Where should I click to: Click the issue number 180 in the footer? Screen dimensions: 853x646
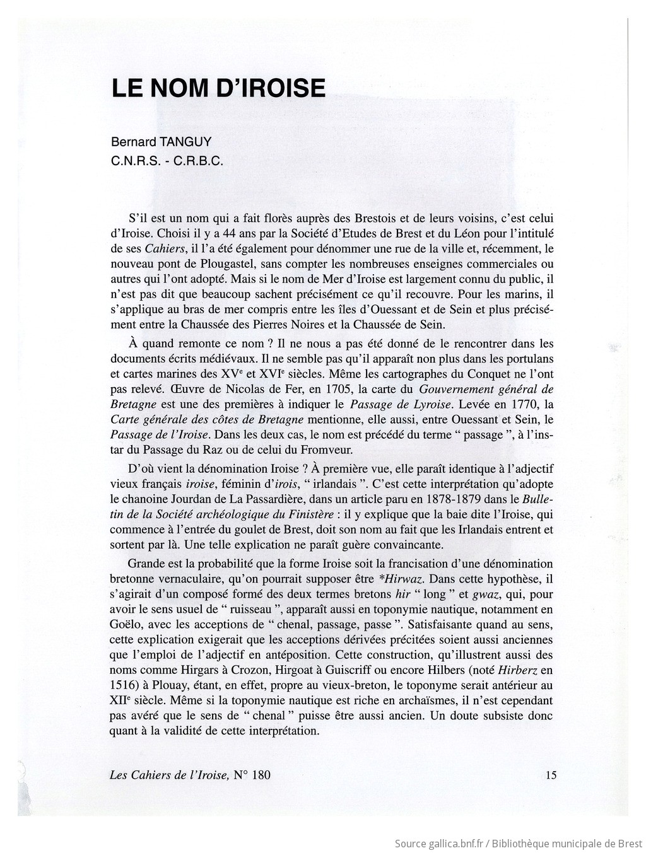[x=261, y=775]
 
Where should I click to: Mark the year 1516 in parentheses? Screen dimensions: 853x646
[x=124, y=685]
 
